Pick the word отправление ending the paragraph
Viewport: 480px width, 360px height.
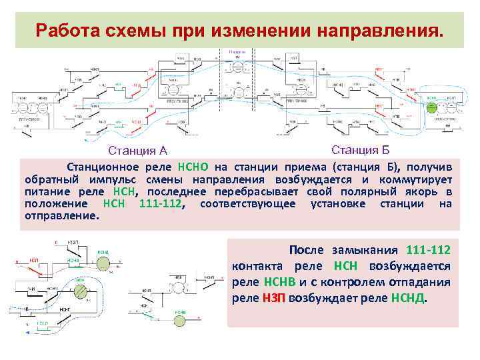61,216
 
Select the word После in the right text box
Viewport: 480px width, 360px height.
307,250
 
